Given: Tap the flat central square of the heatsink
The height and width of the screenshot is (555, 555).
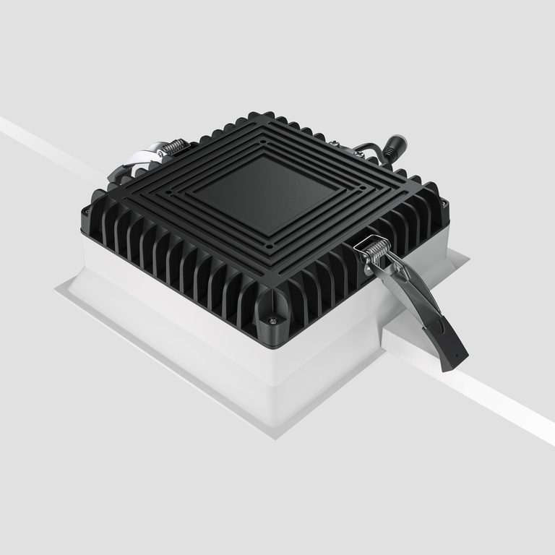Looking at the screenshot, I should [264, 191].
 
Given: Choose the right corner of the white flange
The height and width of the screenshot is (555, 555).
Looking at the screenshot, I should [465, 255].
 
